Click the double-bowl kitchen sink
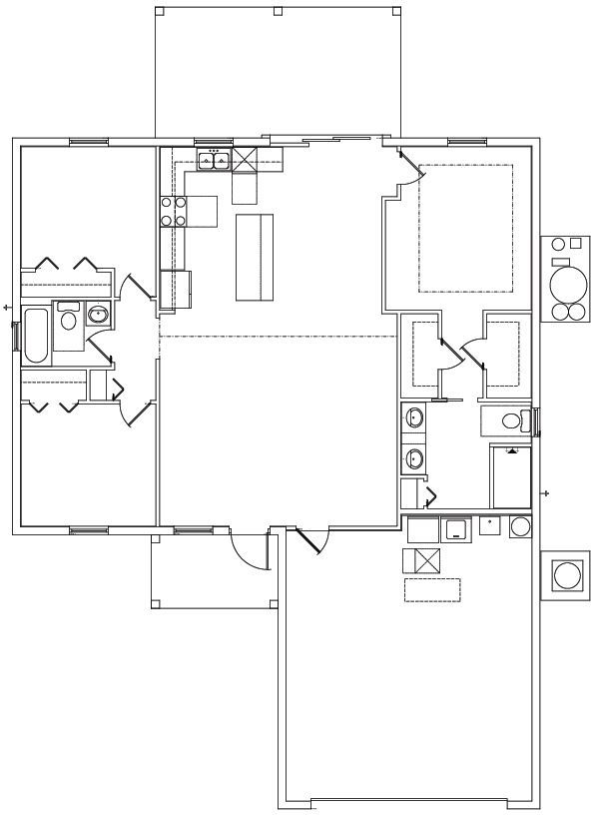(215, 158)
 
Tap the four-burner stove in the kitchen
(174, 210)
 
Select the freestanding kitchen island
(255, 256)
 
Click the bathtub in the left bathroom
(35, 336)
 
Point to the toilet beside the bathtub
(68, 319)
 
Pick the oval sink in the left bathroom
(98, 316)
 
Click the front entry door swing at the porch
(248, 549)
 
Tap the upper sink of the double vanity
(414, 416)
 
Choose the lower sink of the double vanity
(414, 459)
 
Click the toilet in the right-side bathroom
(511, 420)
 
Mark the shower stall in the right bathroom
(510, 477)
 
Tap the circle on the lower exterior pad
(566, 575)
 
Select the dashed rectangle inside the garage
(432, 589)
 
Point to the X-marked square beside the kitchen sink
(246, 158)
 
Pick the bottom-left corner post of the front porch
(155, 604)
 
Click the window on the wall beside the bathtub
(15, 336)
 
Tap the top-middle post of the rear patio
(278, 11)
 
